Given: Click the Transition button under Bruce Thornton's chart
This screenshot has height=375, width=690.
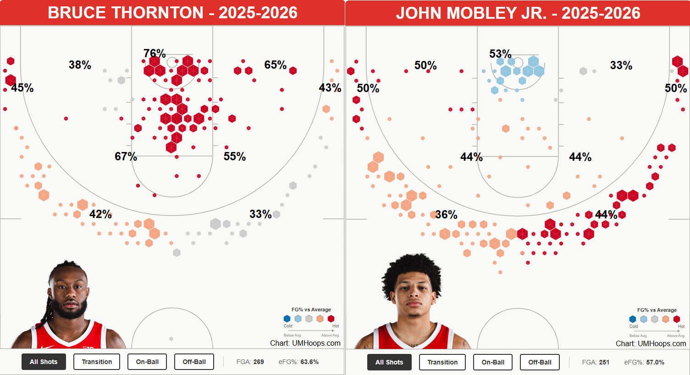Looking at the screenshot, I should pyautogui.click(x=97, y=362).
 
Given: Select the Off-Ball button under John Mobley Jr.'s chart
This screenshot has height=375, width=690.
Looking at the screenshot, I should pyautogui.click(x=540, y=362).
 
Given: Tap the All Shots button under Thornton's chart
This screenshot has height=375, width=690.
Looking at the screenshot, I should pyautogui.click(x=44, y=362).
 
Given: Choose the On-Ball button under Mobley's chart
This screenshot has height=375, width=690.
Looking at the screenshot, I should pyautogui.click(x=493, y=362).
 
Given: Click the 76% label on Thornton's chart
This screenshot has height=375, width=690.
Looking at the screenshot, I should pyautogui.click(x=155, y=53).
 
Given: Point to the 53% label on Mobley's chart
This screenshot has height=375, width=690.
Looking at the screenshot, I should pyautogui.click(x=500, y=54).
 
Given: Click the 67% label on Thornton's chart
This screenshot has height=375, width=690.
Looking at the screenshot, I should pyautogui.click(x=126, y=157).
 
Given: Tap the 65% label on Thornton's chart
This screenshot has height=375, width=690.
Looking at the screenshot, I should pyautogui.click(x=275, y=65).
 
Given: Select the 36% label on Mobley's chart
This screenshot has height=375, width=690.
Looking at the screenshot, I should pyautogui.click(x=446, y=215).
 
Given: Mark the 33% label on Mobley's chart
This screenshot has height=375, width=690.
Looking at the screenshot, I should pyautogui.click(x=621, y=65).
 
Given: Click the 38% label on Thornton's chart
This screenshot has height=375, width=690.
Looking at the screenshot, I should pyautogui.click(x=80, y=65).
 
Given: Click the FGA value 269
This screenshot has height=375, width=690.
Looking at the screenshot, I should pyautogui.click(x=259, y=362).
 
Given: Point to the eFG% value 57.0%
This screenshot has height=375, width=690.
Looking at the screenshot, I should pyautogui.click(x=655, y=362).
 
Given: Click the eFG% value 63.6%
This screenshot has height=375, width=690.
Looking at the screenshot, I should pyautogui.click(x=309, y=362).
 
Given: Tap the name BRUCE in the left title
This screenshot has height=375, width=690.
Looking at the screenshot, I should pyautogui.click(x=74, y=13).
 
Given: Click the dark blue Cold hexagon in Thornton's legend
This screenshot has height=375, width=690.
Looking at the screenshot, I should pyautogui.click(x=287, y=319).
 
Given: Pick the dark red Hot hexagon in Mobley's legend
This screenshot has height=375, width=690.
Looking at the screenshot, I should pyautogui.click(x=676, y=319).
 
